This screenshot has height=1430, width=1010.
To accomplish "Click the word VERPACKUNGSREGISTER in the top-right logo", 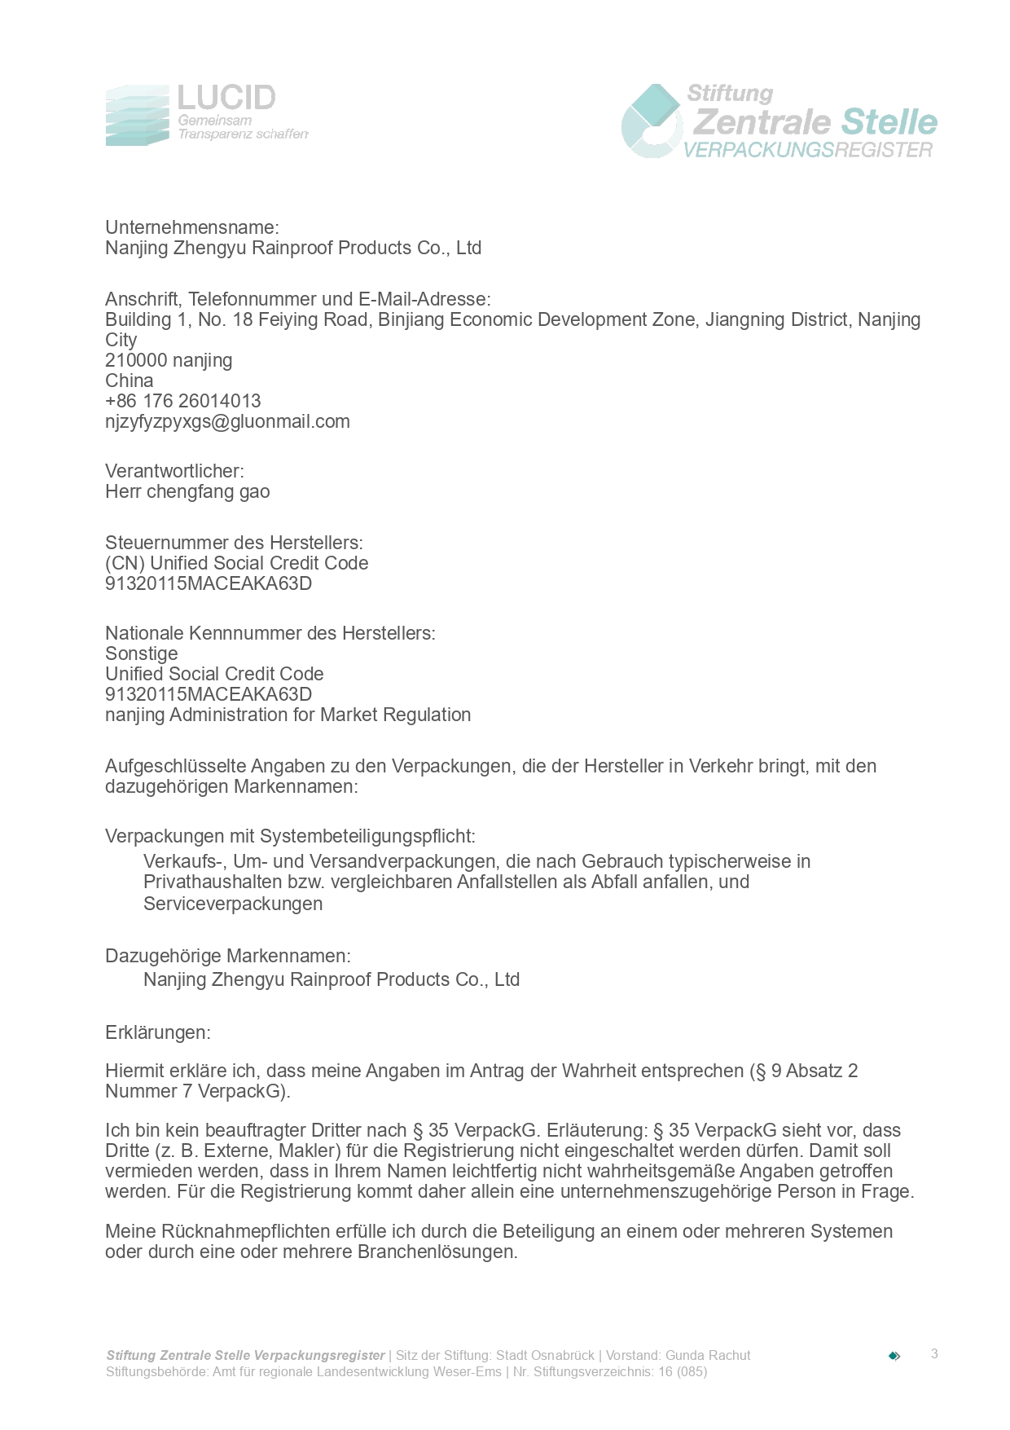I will coord(807,150).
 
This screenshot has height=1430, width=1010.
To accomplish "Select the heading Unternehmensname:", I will coord(192,227).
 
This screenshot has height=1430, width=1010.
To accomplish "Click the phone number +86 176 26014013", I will coord(183,401).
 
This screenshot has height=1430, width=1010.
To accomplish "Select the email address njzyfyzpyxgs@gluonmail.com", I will coord(227,421).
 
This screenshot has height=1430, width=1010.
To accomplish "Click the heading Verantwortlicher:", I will coord(174,471).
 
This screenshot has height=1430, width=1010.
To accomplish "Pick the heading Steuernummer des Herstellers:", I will coord(234,543).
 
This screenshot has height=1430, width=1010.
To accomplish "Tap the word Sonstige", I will coord(142,653).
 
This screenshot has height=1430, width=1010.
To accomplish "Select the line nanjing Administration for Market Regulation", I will coord(288,715).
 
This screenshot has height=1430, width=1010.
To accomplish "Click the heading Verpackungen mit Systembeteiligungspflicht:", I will coord(290,836).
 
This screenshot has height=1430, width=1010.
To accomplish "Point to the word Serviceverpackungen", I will coord(233,904).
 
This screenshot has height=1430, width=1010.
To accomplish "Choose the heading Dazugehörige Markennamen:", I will coord(228,956).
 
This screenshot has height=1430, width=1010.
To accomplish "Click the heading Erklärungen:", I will coord(158,1032).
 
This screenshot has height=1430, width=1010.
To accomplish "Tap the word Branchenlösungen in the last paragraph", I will coord(437,1252).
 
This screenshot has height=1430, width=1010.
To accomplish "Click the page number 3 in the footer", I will coord(934,1354).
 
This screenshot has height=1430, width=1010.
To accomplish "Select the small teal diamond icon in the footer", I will coord(894,1356).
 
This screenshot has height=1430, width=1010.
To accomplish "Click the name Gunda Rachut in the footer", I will coord(708,1355).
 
